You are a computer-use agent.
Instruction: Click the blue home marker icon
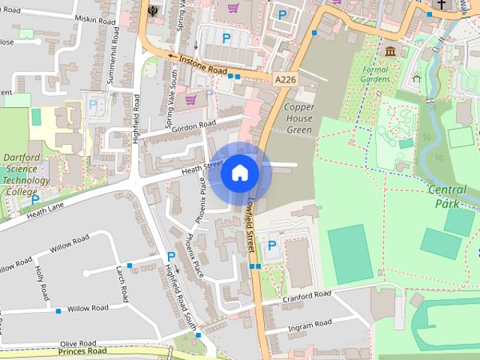point(239,173)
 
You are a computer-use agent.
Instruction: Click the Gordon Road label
point(193,127)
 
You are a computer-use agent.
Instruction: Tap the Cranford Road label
point(307,297)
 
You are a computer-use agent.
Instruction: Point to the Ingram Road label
point(309,324)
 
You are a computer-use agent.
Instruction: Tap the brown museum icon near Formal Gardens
point(390,51)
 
